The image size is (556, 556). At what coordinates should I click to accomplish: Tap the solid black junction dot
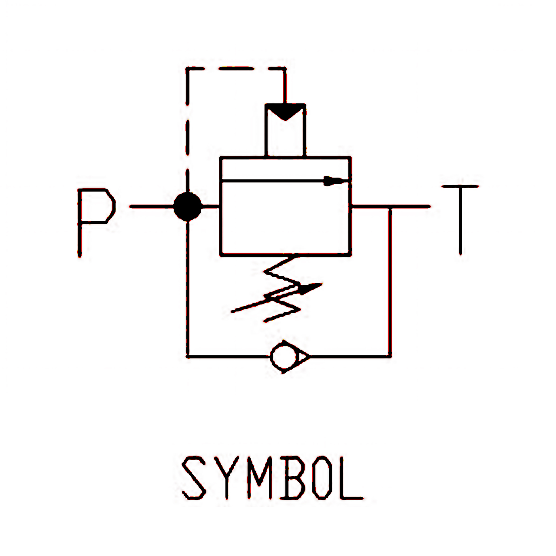tap(188, 207)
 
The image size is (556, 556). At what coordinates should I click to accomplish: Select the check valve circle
tap(283, 357)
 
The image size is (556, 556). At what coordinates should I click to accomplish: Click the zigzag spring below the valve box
tap(282, 289)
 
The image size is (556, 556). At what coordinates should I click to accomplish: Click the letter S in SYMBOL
tap(194, 478)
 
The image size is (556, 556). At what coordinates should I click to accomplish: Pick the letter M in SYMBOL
tap(259, 478)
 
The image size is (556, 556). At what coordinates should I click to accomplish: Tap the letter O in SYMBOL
tap(322, 478)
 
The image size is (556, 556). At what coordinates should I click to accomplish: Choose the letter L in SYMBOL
tap(350, 478)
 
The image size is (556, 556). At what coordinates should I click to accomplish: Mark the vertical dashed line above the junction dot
tap(188, 130)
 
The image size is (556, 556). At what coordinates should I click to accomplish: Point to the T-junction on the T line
tap(390, 207)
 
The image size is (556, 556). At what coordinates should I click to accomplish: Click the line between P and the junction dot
tap(152, 207)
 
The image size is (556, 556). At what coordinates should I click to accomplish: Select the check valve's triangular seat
tap(303, 357)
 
